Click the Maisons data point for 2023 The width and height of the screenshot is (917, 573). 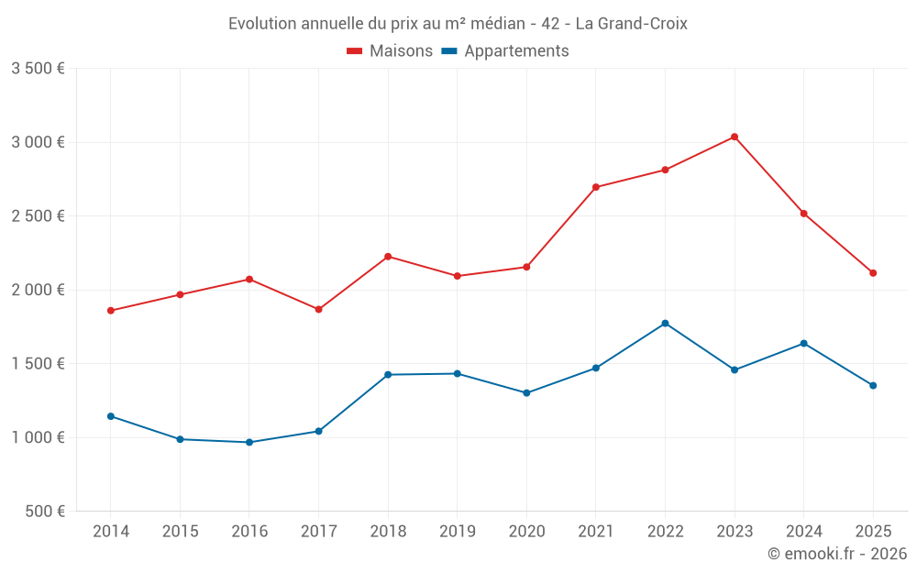[735, 137]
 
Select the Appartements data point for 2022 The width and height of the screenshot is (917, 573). [665, 323]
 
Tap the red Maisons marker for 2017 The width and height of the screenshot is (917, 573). [318, 309]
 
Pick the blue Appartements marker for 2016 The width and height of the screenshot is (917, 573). [249, 442]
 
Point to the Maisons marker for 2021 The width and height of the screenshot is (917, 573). [596, 187]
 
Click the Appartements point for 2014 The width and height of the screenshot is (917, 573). [111, 416]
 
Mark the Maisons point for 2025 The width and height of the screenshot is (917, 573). [873, 272]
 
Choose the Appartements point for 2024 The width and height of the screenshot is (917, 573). [804, 343]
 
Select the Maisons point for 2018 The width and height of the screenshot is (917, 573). [388, 256]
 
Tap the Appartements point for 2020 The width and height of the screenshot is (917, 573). [526, 392]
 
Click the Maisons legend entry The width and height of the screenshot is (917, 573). [390, 51]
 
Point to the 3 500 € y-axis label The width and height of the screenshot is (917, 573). [38, 69]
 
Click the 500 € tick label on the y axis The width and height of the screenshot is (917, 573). [44, 512]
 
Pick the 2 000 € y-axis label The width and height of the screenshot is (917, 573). [38, 290]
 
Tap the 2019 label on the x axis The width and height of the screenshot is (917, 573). [457, 531]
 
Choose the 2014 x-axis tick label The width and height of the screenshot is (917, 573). [111, 531]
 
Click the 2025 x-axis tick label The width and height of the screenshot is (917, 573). [873, 531]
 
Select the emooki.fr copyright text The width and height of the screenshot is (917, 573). [837, 554]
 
